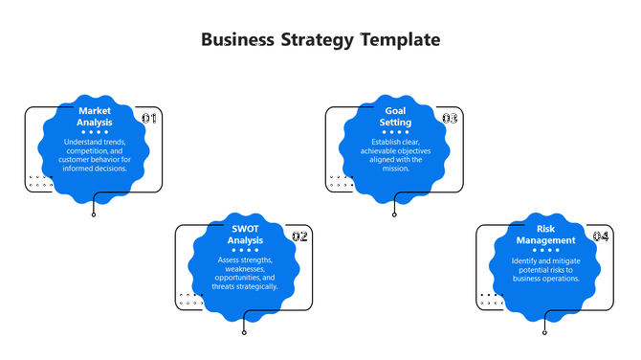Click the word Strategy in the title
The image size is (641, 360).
[317, 40]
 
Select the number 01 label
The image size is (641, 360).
[149, 118]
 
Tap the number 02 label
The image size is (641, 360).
[299, 236]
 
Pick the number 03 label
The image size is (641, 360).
[450, 118]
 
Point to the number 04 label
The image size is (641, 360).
[600, 236]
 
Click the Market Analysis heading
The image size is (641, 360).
[95, 117]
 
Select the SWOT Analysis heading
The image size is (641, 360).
[245, 235]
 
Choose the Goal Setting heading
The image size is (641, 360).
[395, 117]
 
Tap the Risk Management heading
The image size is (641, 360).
[545, 235]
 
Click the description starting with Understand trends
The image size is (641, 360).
[95, 155]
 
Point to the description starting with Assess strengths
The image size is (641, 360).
[245, 273]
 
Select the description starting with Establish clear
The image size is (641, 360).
[395, 155]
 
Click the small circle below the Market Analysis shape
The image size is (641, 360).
[94, 214]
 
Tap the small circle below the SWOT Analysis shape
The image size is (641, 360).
[244, 332]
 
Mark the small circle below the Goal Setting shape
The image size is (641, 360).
[394, 214]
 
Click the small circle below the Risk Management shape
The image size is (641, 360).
[544, 332]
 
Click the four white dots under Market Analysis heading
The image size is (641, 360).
[95, 132]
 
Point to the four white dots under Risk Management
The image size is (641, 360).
[545, 250]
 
